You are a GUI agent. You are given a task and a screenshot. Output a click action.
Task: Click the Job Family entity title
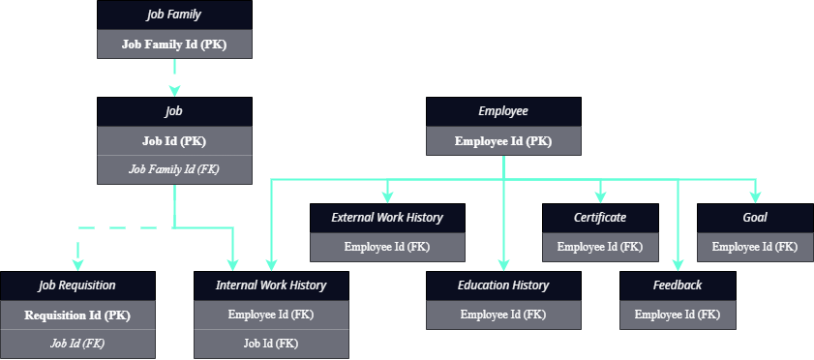pyautogui.click(x=174, y=15)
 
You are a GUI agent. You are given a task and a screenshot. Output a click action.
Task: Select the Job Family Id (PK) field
pyautogui.click(x=174, y=44)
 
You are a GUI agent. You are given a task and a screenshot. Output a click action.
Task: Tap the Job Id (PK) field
pyautogui.click(x=174, y=140)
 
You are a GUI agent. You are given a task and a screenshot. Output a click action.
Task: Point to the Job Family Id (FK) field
pyautogui.click(x=174, y=168)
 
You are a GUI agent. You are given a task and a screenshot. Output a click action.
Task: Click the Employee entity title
pyautogui.click(x=503, y=111)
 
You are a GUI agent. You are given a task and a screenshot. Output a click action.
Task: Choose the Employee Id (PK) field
pyautogui.click(x=503, y=141)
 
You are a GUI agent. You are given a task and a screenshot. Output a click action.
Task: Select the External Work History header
pyautogui.click(x=387, y=218)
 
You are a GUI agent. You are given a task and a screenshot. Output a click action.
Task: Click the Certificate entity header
pyautogui.click(x=600, y=218)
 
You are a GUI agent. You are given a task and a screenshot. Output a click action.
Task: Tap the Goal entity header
pyautogui.click(x=755, y=218)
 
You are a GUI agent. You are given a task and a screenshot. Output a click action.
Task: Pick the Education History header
pyautogui.click(x=503, y=285)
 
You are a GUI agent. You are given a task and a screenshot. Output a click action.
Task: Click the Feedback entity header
pyautogui.click(x=678, y=285)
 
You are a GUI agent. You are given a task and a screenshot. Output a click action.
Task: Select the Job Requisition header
pyautogui.click(x=77, y=285)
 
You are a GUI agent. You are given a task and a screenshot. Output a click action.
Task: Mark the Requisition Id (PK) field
pyautogui.click(x=77, y=315)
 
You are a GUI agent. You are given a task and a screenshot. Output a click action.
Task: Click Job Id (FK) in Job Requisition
pyautogui.click(x=77, y=343)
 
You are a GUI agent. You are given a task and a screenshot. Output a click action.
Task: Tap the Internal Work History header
pyautogui.click(x=271, y=285)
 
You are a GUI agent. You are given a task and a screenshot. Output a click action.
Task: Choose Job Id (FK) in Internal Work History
pyautogui.click(x=271, y=343)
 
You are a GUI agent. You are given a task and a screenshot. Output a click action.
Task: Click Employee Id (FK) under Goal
pyautogui.click(x=755, y=247)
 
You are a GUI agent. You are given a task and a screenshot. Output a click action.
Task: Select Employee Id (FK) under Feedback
pyautogui.click(x=678, y=315)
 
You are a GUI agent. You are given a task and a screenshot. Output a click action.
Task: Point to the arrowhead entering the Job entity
pyautogui.click(x=174, y=90)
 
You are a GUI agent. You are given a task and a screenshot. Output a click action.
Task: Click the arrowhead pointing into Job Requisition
pyautogui.click(x=77, y=264)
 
